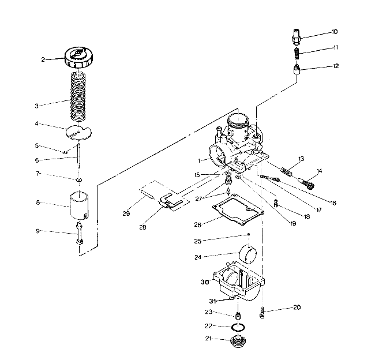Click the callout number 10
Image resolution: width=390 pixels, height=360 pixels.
point(335,32)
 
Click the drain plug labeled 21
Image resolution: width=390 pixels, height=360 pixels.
point(237,342)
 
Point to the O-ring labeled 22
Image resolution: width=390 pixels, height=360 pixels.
point(237,328)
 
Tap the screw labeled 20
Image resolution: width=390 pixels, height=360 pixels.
point(263,313)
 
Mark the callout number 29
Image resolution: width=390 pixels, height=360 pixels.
point(126,213)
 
